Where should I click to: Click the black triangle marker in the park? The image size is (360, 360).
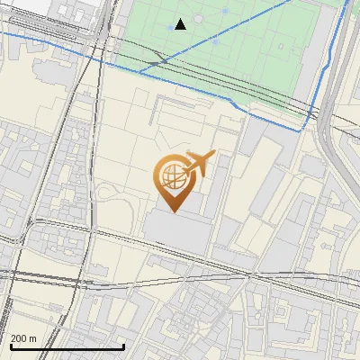coord(181,24)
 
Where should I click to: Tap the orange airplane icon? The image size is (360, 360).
coord(199,165)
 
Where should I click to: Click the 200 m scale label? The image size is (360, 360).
coord(24,338)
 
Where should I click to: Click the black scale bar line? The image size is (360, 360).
coord(67,347)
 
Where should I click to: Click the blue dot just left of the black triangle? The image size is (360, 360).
coord(170,28)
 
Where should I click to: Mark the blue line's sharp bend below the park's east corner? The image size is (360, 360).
coord(302,129)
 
